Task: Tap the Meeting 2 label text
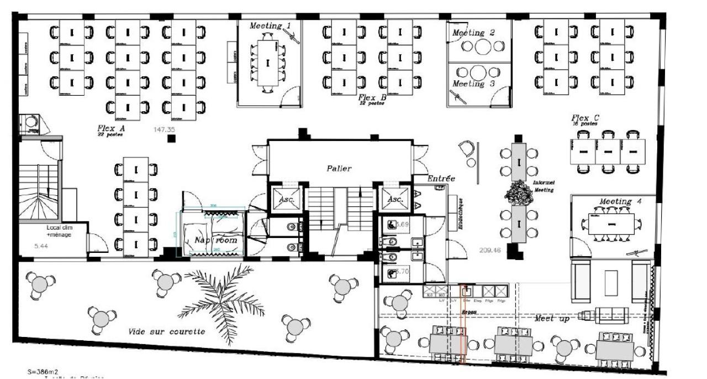[x=473, y=33]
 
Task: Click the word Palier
[x=339, y=168]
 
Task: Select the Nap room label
[x=215, y=240]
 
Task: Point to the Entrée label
[x=441, y=178]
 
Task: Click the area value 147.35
[x=164, y=129]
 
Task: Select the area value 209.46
[x=490, y=250]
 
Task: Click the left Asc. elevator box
[x=285, y=199]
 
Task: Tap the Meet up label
[x=552, y=319]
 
